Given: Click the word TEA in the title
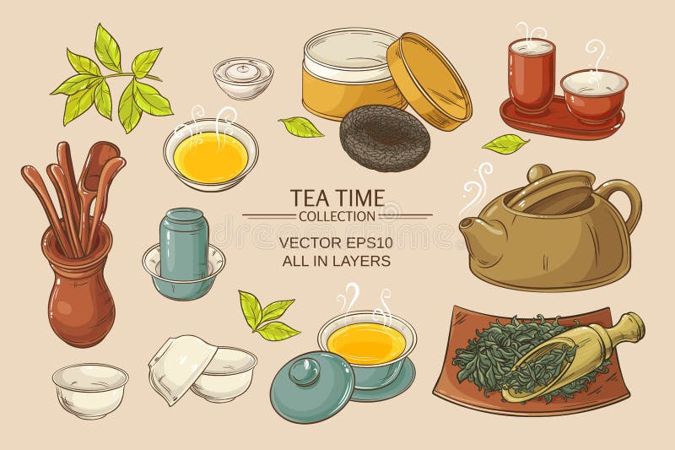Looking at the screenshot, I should click(310, 198).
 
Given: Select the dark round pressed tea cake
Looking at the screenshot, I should click(384, 137).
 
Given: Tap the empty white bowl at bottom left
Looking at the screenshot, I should click(89, 389).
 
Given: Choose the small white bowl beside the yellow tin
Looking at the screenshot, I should click(243, 78).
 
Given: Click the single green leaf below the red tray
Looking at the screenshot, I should click(505, 144).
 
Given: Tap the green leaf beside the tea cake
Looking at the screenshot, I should click(301, 127).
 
